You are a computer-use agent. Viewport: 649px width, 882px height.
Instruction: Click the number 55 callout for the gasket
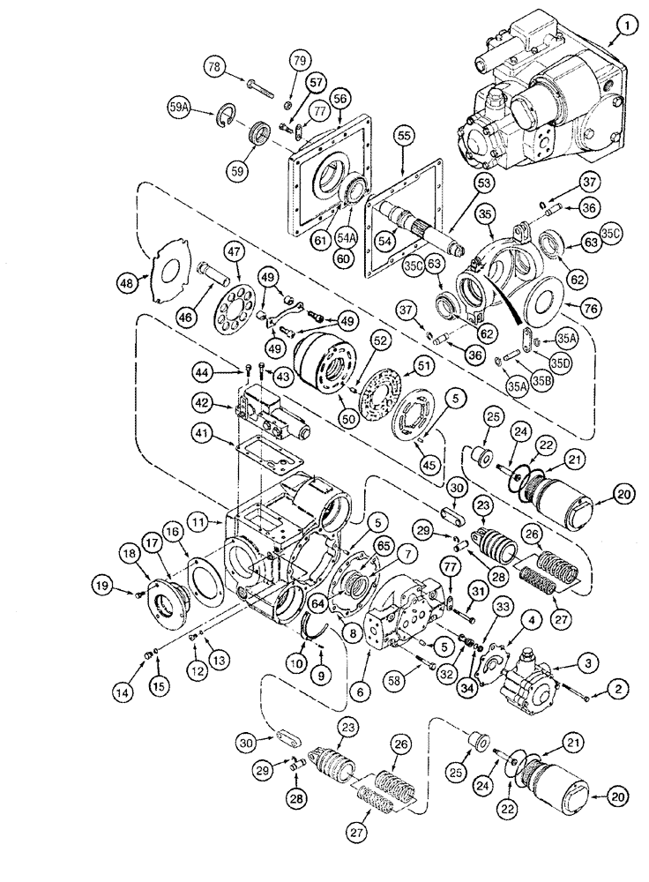point(404,137)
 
